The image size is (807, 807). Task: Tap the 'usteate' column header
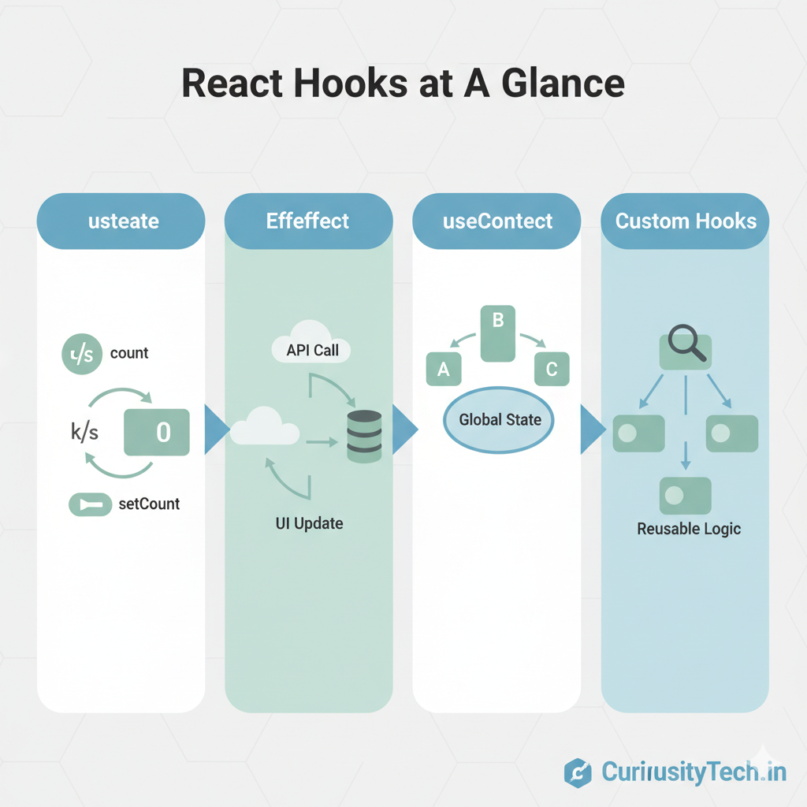click(123, 221)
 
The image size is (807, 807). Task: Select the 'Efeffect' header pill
click(307, 221)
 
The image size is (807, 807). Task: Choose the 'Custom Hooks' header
click(686, 221)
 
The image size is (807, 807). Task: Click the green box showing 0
click(157, 432)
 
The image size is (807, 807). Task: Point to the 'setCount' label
click(149, 504)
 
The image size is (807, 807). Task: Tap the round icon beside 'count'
click(82, 354)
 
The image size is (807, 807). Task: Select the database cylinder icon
click(364, 435)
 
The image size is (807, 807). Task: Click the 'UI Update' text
click(308, 523)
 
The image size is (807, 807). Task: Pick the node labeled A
click(443, 370)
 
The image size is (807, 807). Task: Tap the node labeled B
click(497, 333)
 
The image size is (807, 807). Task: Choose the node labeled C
click(551, 370)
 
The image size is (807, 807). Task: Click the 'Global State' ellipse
click(500, 419)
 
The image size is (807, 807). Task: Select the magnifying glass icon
click(685, 348)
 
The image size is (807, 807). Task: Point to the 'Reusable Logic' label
click(689, 528)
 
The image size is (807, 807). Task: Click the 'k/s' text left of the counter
click(84, 432)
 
